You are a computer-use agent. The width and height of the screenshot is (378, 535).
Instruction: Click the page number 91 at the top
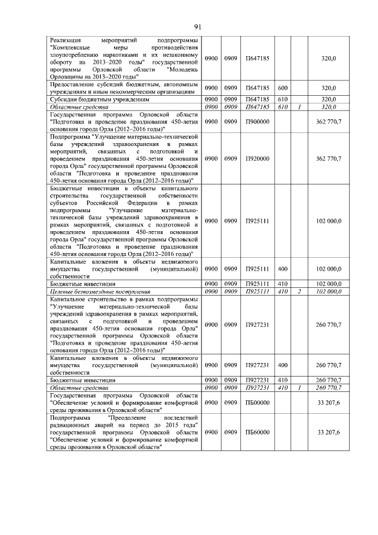pyautogui.click(x=198, y=25)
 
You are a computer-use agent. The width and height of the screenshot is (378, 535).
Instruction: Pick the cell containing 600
pyautogui.click(x=282, y=88)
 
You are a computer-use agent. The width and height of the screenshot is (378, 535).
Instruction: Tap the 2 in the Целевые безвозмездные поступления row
pyautogui.click(x=300, y=291)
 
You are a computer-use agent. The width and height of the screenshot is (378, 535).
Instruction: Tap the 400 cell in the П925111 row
pyautogui.click(x=282, y=269)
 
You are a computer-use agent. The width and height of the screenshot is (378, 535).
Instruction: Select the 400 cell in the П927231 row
pyautogui.click(x=282, y=365)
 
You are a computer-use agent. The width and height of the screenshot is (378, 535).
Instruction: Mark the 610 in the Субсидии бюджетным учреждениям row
pyautogui.click(x=282, y=99)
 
